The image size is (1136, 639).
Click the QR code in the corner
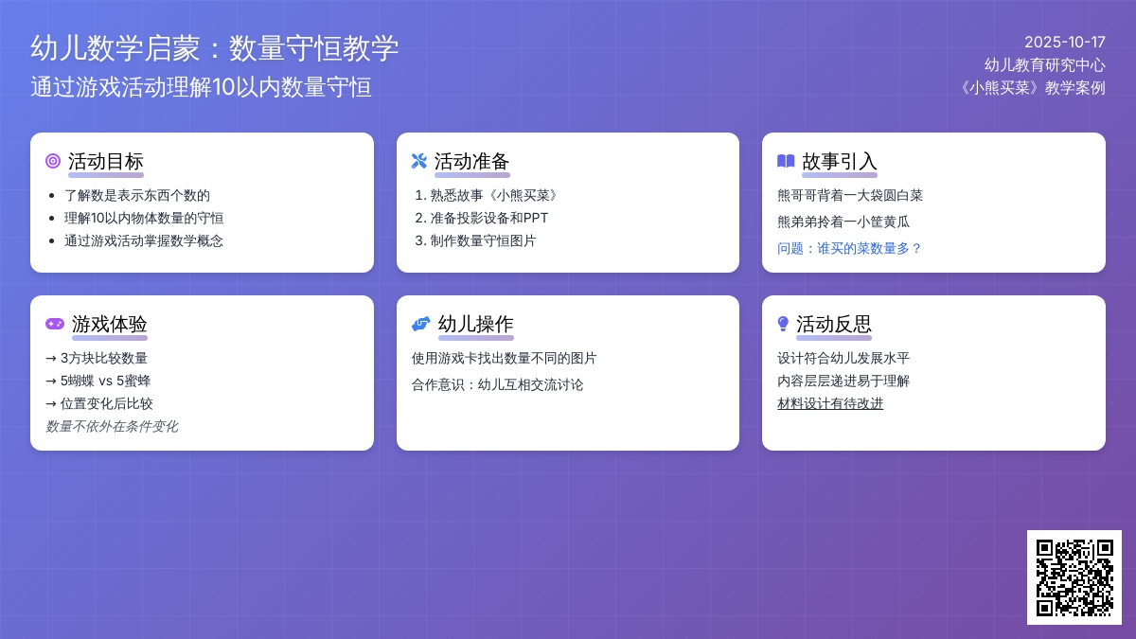pos(1074,577)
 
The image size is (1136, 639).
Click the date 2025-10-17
pos(1064,42)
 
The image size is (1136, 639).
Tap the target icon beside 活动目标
pos(53,161)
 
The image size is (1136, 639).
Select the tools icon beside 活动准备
pos(418,161)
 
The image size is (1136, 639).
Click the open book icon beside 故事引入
pos(785,161)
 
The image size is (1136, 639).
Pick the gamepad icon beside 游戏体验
pos(55,324)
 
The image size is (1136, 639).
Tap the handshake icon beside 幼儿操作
pos(420,324)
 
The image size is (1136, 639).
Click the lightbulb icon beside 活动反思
pos(783,324)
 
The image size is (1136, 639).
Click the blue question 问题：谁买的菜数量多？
pos(849,248)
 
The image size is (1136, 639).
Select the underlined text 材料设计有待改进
pos(830,403)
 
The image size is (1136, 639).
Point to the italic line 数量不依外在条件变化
pos(112,426)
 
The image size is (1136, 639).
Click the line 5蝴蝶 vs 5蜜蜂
pos(98,381)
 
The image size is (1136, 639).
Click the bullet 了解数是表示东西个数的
pos(137,195)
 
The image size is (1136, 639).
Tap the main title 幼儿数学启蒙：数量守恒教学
pos(214,48)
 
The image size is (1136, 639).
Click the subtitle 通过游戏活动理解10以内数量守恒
pos(201,87)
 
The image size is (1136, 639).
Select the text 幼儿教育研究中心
pos(1044,64)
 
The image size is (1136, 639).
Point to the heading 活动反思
pos(833,324)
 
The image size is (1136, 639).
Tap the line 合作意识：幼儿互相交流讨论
pos(497,384)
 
